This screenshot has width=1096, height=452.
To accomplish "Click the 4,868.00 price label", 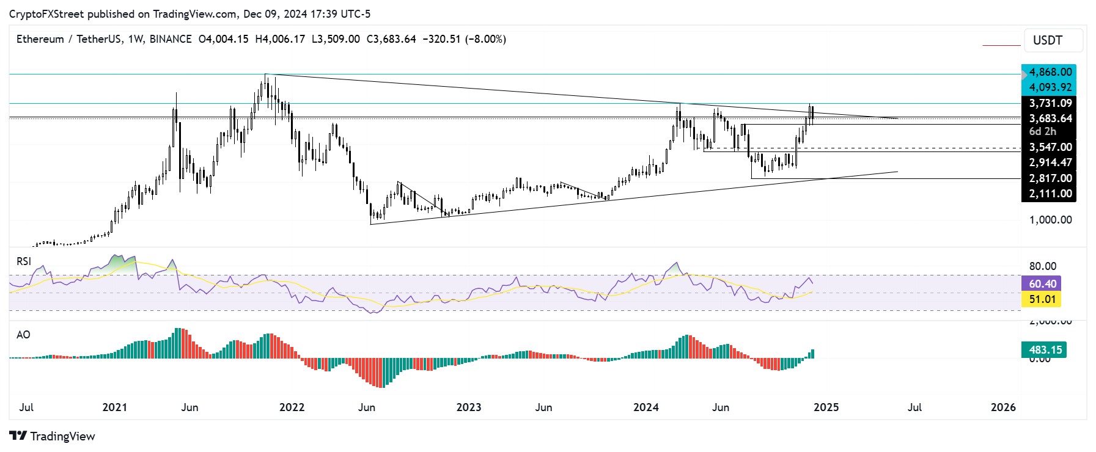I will point(1050,72).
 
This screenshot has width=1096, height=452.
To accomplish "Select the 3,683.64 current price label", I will point(1050,118).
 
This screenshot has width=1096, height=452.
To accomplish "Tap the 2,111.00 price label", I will point(1050,194).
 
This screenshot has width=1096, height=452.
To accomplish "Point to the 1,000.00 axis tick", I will point(1050,220).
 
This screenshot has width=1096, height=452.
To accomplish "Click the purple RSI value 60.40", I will point(1042,284).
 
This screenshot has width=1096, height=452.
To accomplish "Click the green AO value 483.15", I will point(1045,350).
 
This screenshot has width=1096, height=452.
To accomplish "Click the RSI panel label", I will point(24,261).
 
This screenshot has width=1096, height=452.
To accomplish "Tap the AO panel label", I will point(23,335).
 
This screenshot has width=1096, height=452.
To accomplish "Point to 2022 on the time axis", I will point(292,407).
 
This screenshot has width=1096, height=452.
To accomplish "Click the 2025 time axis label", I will point(826,407).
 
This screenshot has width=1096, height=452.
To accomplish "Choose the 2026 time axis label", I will point(1002,407).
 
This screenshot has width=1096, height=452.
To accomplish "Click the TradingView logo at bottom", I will point(53,436).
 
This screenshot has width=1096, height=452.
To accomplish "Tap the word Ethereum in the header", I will point(40,39).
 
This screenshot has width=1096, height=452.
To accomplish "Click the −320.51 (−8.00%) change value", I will point(464,39).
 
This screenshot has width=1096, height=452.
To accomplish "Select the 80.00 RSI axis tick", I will point(1042,266).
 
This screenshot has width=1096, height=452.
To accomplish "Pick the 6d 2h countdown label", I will point(1042,131).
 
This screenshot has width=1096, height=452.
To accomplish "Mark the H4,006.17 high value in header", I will point(280,39).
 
